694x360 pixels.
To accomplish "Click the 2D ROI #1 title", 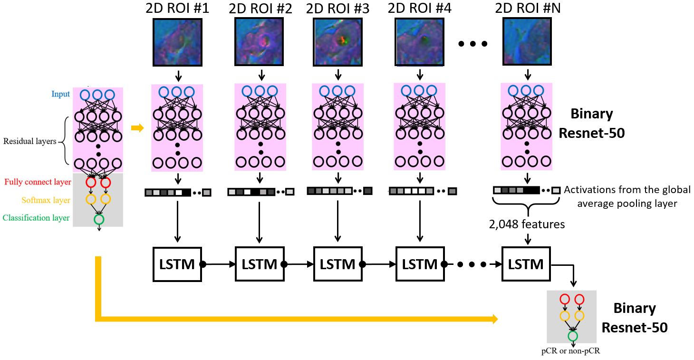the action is tap(177, 8).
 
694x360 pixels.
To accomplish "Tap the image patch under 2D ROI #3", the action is tap(337, 42).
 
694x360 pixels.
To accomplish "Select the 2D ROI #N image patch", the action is tap(527, 41).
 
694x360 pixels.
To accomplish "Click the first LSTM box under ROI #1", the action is tap(177, 264).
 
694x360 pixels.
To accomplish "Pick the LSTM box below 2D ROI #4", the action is tap(420, 264).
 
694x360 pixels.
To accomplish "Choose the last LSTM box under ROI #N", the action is tap(526, 264).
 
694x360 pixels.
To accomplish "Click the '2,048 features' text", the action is tap(527, 224).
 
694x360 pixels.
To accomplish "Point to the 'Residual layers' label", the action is tap(30, 141).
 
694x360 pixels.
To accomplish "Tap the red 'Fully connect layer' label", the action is tap(38, 182).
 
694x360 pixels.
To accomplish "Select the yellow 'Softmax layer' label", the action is tap(46, 200).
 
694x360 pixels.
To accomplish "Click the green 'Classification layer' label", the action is tap(36, 218).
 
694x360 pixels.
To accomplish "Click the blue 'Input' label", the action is tap(61, 94).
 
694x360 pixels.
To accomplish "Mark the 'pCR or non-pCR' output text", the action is tap(571, 350).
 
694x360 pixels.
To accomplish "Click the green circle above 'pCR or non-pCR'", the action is tap(573, 336).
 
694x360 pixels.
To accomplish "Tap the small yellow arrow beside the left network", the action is tap(137, 128).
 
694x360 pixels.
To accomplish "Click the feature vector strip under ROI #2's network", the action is tap(260, 192).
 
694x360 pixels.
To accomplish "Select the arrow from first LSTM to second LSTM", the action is tap(219, 264).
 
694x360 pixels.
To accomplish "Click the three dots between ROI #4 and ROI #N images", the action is tap(473, 44).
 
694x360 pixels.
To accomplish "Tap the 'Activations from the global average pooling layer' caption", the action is tap(627, 196).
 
